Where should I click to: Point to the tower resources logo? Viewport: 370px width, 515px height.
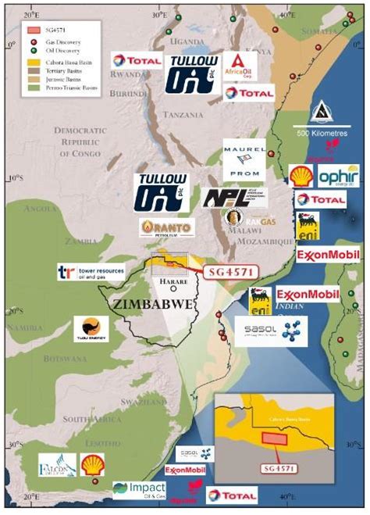point(91,272)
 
